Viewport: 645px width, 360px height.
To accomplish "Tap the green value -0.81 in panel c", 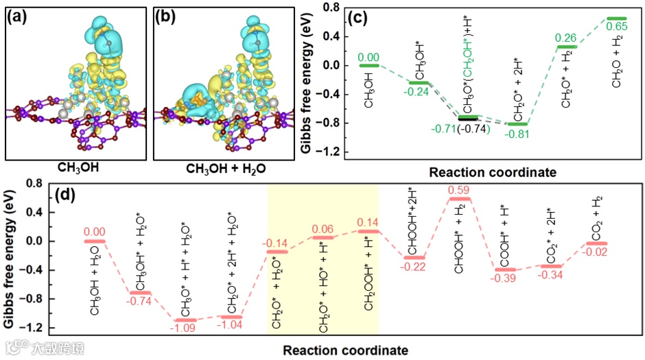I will click(517, 133).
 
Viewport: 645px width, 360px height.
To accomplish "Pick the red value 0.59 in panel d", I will click(459, 189).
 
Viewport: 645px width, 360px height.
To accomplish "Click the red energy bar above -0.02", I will click(598, 243).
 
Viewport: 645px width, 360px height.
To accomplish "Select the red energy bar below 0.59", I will click(459, 199).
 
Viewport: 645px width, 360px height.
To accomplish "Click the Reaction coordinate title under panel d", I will click(347, 350).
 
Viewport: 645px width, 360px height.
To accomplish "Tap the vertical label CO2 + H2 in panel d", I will click(597, 215).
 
